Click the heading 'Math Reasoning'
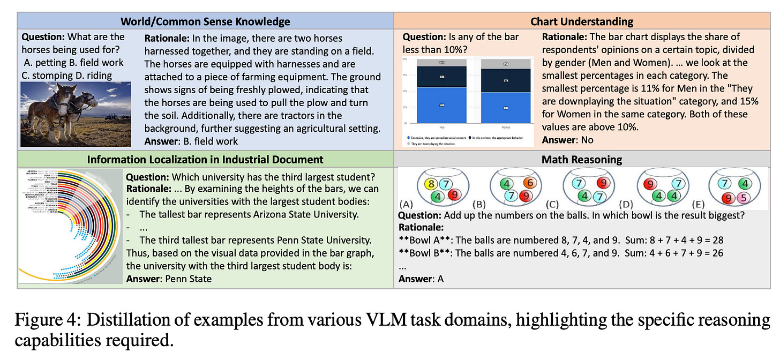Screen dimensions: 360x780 581,159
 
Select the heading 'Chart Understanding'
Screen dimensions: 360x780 581,21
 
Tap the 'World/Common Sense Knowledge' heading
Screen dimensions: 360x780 205,21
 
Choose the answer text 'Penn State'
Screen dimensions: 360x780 189,279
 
